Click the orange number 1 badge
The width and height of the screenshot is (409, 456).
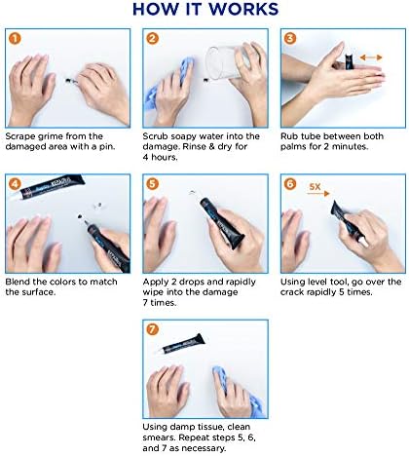coord(15,39)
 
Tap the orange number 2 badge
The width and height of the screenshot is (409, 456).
coord(152,39)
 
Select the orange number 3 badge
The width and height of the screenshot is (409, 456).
coord(290,39)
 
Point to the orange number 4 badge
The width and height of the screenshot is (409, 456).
coord(15,184)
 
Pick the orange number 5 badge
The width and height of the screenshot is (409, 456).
coord(152,184)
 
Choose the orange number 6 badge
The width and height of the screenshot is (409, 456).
coord(290,184)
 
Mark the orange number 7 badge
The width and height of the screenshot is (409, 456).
coord(152,329)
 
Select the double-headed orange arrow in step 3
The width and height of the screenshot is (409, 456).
coord(371,57)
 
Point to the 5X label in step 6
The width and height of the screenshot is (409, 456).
coord(315,187)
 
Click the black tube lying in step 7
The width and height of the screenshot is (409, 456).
coord(182,344)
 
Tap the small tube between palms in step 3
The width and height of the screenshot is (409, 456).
coord(349,61)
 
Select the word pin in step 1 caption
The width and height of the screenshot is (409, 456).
coord(107,147)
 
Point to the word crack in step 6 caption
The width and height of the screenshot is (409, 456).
coord(291,292)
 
